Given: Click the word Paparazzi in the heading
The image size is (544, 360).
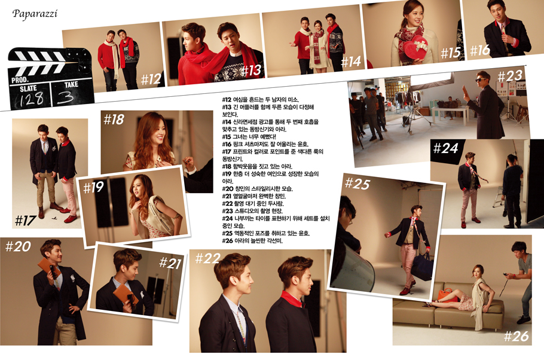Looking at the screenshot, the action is (x=35, y=14).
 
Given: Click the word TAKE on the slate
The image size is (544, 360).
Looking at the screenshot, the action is (x=71, y=84).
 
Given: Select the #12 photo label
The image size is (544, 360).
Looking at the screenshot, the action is (x=151, y=80).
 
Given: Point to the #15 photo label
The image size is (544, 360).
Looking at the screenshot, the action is (x=450, y=53).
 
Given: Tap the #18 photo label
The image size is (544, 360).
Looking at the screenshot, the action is (x=114, y=120).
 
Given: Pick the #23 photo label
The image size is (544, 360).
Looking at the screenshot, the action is (x=510, y=76).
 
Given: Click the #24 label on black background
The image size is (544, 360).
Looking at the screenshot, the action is (x=445, y=148).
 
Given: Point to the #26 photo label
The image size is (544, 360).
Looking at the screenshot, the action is (x=517, y=336).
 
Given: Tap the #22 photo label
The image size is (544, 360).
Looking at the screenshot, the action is (x=207, y=258).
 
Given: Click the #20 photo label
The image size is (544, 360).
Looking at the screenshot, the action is (x=18, y=246).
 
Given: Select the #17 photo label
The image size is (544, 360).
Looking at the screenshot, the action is (x=26, y=220).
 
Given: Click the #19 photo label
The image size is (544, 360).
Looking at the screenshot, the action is (x=93, y=188).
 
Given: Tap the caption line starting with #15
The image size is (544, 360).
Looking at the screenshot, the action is (x=249, y=137).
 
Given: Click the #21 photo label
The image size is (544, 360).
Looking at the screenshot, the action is (x=170, y=263).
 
